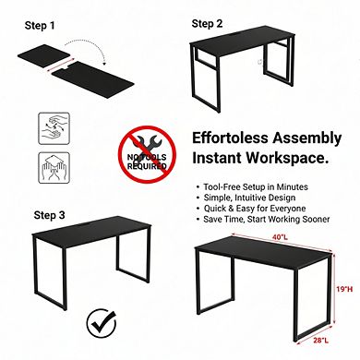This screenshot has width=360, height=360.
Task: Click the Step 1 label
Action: (38, 26)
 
